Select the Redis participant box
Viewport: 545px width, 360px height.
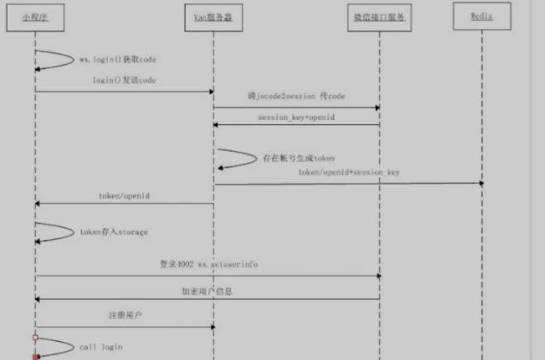tap(482, 16)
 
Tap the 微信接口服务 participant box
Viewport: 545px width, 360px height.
tap(379, 17)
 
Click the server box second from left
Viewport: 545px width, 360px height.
tap(214, 17)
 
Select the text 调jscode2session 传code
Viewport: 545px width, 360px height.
tap(296, 97)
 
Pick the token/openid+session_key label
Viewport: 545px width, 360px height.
tap(349, 173)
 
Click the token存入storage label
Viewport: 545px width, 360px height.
tap(113, 232)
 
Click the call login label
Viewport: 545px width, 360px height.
tap(100, 347)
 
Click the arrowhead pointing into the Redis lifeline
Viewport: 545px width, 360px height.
tap(479, 184)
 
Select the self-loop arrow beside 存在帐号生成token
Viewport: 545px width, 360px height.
tap(239, 159)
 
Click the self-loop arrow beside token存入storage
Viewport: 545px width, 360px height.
tap(56, 233)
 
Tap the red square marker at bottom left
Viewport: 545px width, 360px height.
tap(36, 357)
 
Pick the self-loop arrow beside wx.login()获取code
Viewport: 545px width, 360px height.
tap(56, 61)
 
